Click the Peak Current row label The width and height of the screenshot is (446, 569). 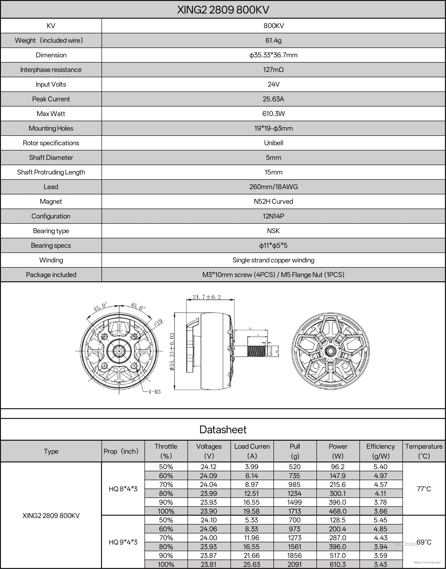tap(51, 99)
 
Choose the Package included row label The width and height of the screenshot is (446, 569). tap(51, 275)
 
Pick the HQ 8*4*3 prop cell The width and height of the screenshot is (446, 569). tap(123, 489)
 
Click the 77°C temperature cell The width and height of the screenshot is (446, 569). tap(424, 489)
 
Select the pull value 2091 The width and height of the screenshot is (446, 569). tap(295, 564)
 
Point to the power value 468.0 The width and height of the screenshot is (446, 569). tap(338, 511)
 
